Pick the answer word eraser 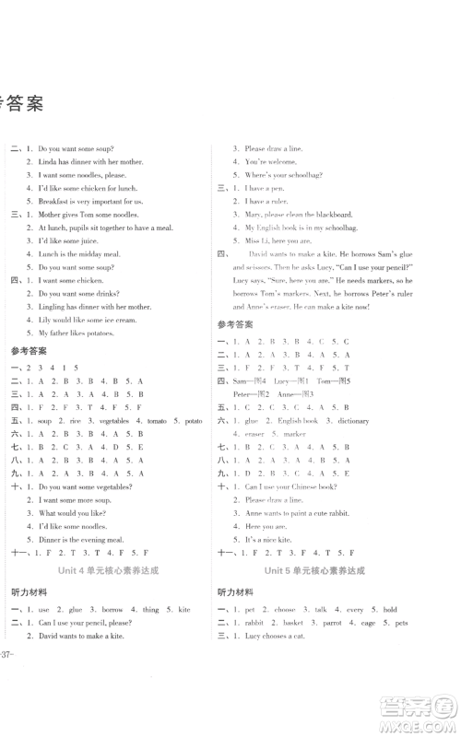pyautogui.click(x=254, y=433)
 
